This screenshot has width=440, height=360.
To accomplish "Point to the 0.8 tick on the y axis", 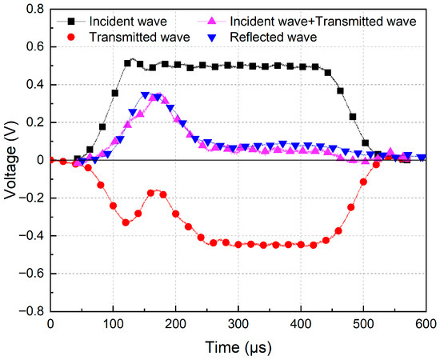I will (x=32, y=10).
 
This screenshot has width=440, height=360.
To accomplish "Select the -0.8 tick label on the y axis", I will (x=30, y=311).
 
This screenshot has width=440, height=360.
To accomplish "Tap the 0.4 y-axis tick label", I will (x=32, y=85).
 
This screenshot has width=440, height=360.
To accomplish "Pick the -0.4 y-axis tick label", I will (x=30, y=236).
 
